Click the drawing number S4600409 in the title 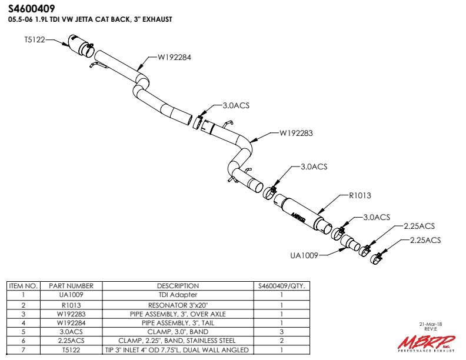point(32,9)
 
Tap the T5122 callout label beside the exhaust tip point(34,40)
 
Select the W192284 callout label point(174,58)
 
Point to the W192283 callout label point(296,133)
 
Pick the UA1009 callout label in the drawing point(304,255)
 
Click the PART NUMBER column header point(71,286)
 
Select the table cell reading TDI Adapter point(178,295)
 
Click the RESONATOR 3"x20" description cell point(178,304)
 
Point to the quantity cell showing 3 point(282,332)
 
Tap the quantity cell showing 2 point(282,341)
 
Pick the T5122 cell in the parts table point(71,350)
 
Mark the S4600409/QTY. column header point(282,286)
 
